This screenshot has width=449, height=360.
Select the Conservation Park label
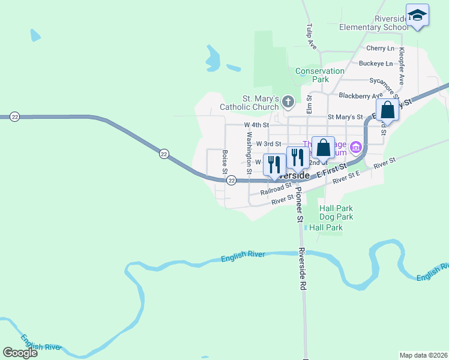pyautogui.click(x=321, y=75)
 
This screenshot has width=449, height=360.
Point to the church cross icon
pyautogui.click(x=288, y=102)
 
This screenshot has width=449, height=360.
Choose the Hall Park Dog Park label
pyautogui.click(x=336, y=212)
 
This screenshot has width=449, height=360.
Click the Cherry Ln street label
pyautogui.click(x=380, y=48)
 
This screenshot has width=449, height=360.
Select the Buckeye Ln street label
pyautogui.click(x=375, y=63)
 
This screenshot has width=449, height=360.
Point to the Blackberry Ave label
pyautogui.click(x=360, y=95)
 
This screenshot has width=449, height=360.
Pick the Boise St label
pyautogui.click(x=224, y=162)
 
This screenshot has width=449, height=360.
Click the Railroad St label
pyautogui.click(x=276, y=190)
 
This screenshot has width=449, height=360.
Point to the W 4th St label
pyautogui.click(x=255, y=125)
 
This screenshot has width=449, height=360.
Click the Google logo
pyautogui.click(x=20, y=353)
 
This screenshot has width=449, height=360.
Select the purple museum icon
pyautogui.click(x=355, y=146)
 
